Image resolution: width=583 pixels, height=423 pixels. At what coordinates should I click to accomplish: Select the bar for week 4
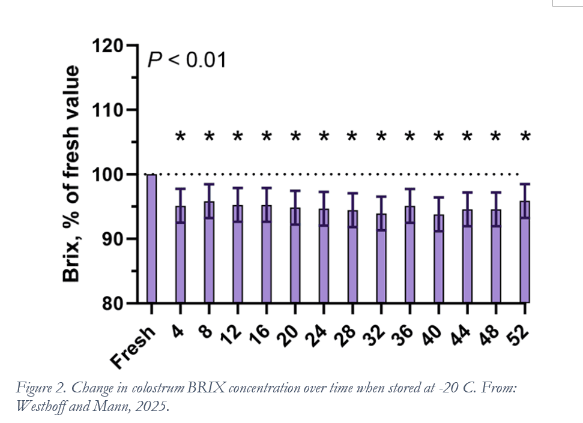180,258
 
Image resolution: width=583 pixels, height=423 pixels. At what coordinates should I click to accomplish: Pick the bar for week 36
409,258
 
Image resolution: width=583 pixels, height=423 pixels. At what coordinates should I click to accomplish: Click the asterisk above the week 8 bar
209,137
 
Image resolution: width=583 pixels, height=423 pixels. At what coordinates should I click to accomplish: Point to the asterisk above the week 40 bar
438,137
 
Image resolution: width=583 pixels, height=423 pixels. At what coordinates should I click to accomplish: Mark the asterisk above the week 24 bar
324,137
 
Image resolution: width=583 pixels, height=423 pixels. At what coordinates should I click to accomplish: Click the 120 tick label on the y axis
108,46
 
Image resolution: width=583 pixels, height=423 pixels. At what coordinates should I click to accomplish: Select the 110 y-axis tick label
108,110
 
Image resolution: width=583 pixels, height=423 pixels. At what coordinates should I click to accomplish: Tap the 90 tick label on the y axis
114,239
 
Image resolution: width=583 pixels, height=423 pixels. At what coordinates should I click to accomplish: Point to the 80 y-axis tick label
114,304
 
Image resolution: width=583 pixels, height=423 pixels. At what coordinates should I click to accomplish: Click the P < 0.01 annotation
187,60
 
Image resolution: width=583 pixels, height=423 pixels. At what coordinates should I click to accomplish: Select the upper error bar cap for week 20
295,191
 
